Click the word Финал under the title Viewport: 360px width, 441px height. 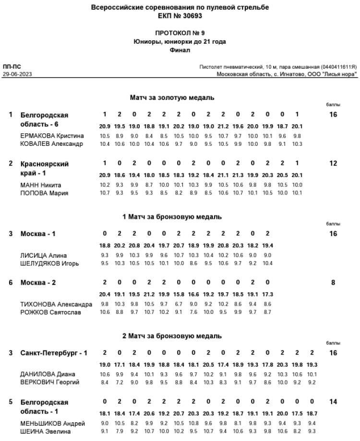click(180, 49)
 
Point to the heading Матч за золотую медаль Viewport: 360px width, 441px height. click(172, 98)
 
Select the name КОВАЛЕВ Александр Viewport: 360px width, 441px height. click(52, 143)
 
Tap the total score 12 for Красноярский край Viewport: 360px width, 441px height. click(333, 164)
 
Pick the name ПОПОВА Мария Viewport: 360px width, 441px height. click(42, 193)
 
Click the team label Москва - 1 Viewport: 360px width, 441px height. click(38, 234)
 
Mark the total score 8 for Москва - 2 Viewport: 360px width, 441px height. click(333, 283)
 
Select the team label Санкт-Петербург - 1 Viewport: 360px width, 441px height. click(54, 353)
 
